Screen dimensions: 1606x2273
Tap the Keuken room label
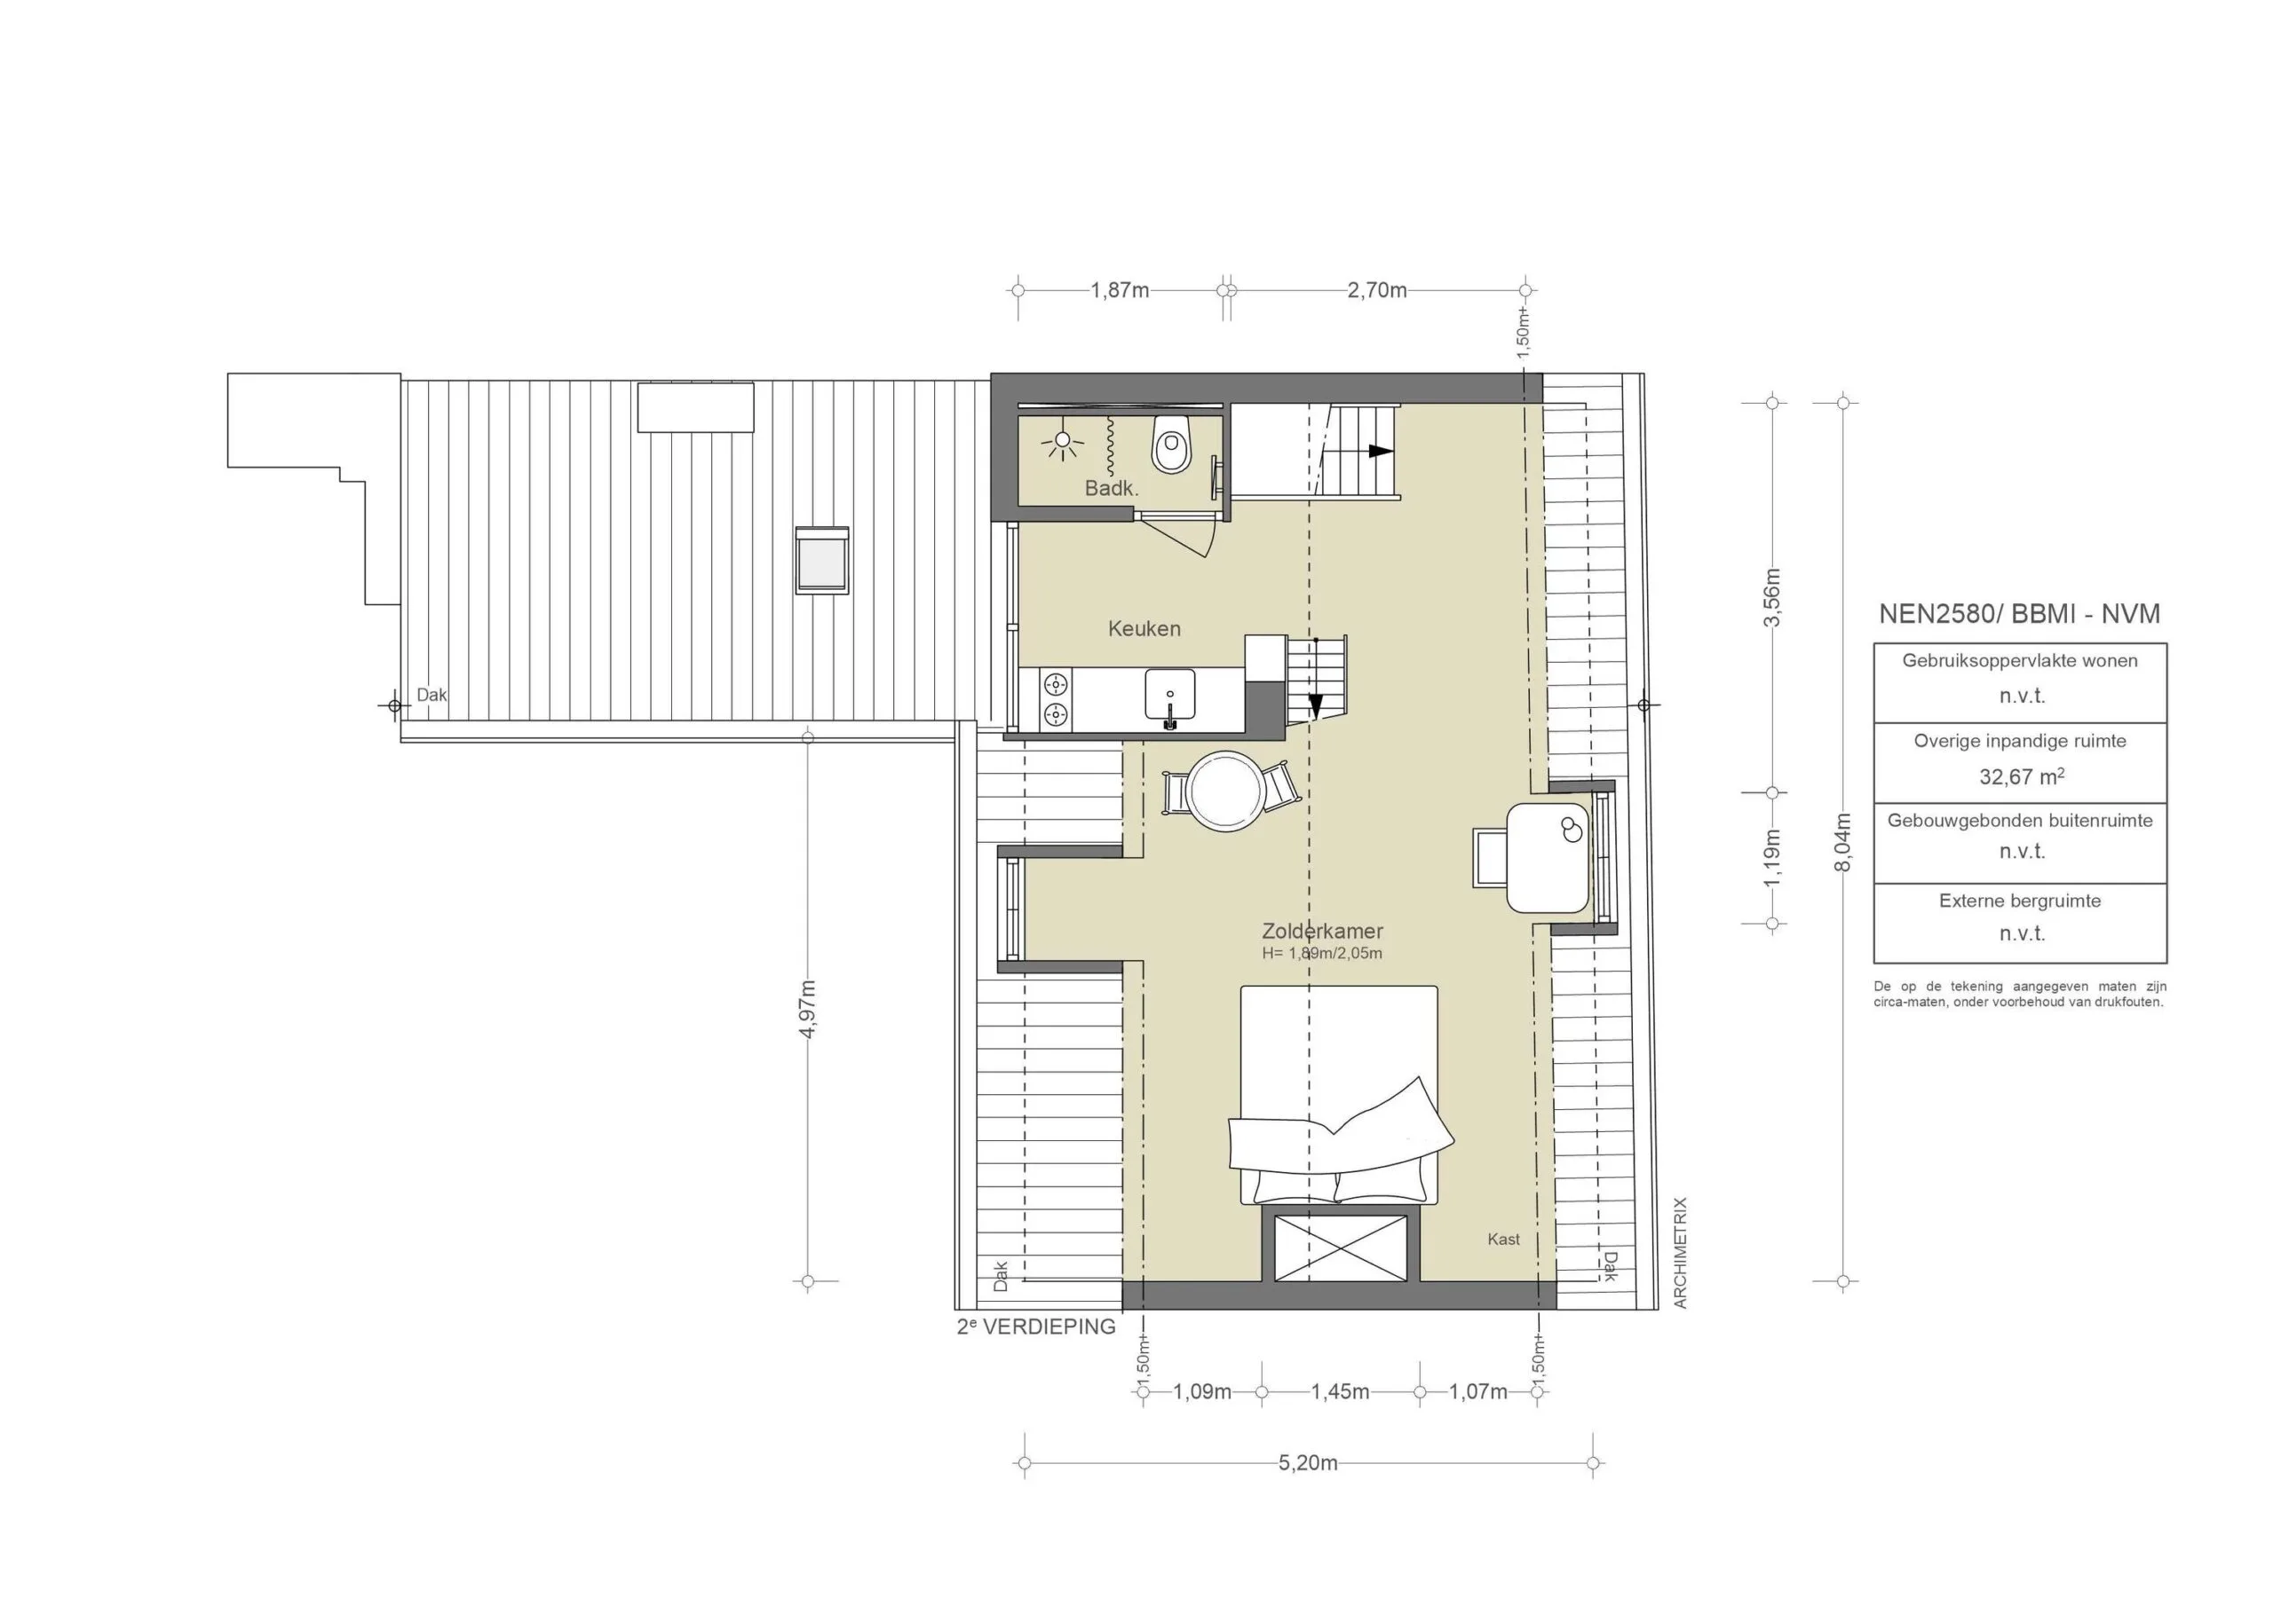click(1144, 628)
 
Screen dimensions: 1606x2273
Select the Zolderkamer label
click(1322, 931)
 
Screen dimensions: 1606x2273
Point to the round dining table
click(1226, 791)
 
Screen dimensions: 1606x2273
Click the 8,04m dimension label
click(1842, 842)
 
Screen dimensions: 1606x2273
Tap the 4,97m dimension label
click(808, 1008)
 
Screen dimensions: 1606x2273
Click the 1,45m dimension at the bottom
click(1341, 1391)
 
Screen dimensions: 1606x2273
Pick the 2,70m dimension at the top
click(1376, 290)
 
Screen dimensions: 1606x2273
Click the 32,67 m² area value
click(2020, 776)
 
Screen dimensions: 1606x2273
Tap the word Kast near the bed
click(1503, 1239)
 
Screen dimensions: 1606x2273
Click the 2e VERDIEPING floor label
click(1035, 1327)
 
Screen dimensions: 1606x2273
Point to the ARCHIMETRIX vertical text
click(1680, 1254)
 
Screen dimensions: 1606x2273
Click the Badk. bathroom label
click(1112, 488)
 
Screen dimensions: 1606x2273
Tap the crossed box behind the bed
click(1341, 1248)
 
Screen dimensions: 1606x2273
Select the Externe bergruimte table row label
click(2020, 901)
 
